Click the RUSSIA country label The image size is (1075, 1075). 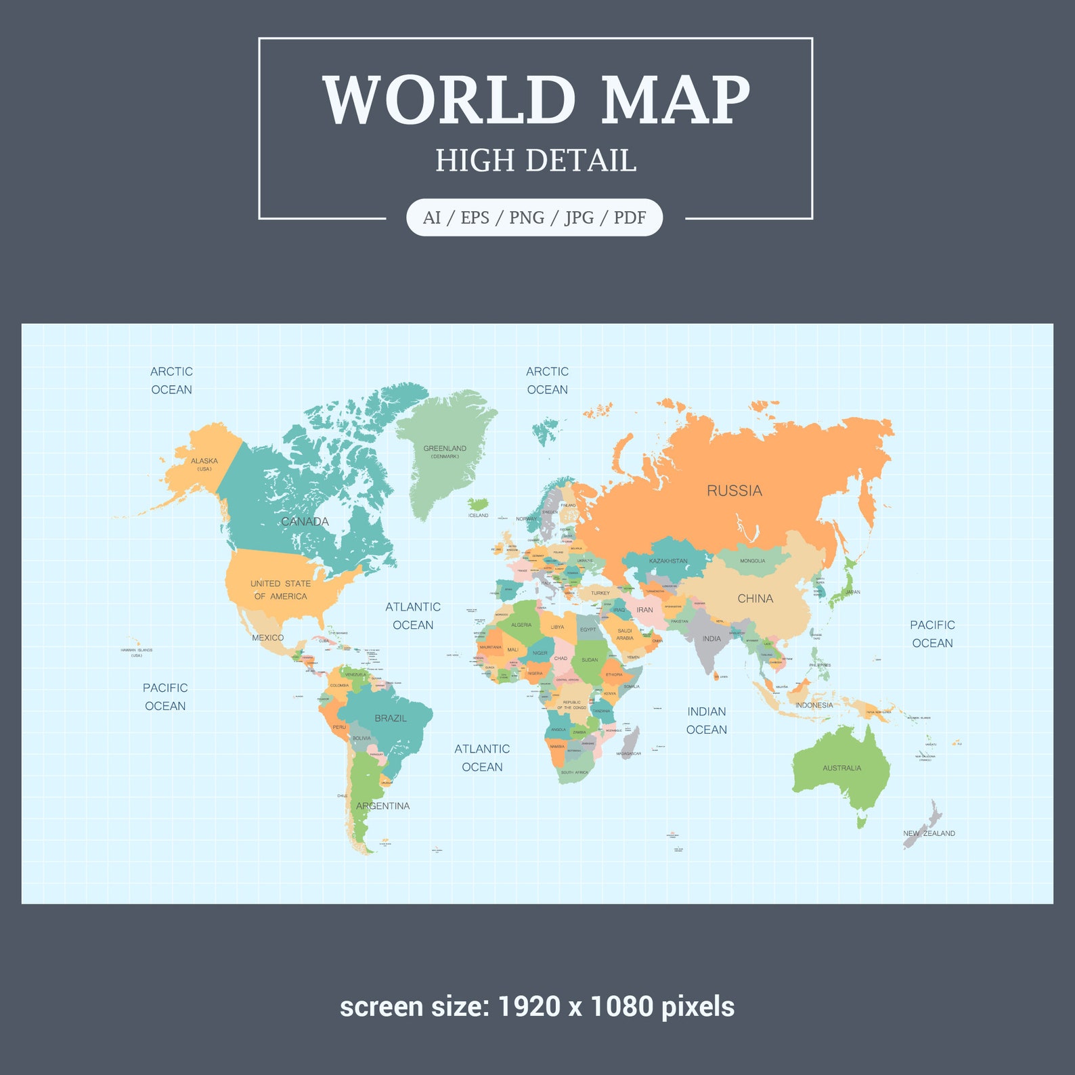point(734,491)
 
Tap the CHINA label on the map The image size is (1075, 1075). point(755,598)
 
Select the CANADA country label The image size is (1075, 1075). point(305,521)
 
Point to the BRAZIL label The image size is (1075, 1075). point(391,718)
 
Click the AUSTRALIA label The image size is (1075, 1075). point(841,768)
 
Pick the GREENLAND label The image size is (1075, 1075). point(445,449)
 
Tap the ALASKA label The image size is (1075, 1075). point(204,461)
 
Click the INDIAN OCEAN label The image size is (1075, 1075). point(706,720)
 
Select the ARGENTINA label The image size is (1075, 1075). point(382,806)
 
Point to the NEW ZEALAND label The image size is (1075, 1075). point(929,833)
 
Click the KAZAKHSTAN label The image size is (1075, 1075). point(668,561)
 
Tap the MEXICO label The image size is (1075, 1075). point(267,638)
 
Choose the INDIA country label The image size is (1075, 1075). point(711,638)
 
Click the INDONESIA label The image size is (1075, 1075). point(814,705)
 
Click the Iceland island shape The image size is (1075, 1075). point(479,504)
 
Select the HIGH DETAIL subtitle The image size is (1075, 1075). point(535,161)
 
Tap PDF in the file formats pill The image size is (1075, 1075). point(630,217)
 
